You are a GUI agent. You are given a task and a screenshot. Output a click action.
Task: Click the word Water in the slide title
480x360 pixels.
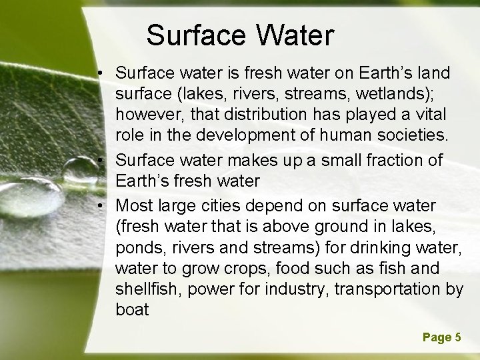pyautogui.click(x=293, y=36)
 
